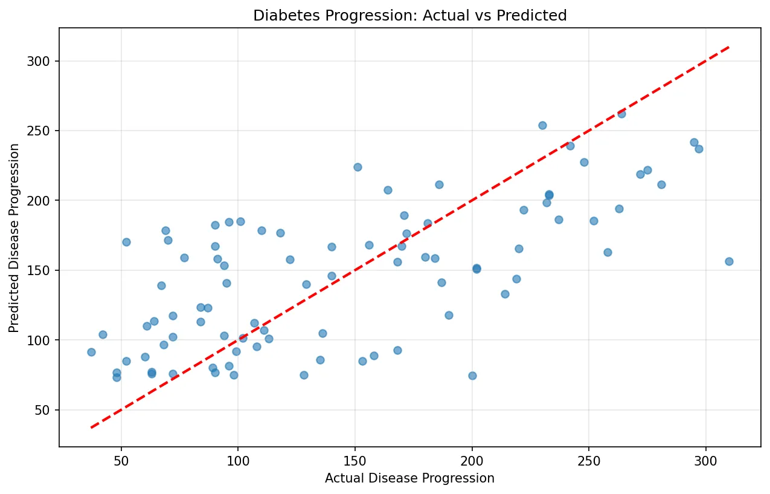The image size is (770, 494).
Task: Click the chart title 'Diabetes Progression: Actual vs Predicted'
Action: [409, 16]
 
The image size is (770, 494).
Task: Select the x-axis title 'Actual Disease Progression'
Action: [409, 478]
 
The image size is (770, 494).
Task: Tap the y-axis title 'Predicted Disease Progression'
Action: [14, 238]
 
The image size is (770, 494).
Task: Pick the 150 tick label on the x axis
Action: [355, 460]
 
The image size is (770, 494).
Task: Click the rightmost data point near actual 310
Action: [729, 261]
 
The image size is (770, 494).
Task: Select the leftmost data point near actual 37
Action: [91, 352]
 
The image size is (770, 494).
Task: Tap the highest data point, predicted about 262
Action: [621, 114]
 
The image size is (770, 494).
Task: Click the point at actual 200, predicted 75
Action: [472, 375]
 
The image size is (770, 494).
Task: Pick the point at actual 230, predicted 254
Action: [542, 125]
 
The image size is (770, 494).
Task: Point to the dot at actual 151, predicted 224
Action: [358, 167]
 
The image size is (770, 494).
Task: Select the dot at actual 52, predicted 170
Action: [126, 242]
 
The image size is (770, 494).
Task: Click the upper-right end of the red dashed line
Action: [729, 47]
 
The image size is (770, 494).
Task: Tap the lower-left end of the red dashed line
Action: [91, 427]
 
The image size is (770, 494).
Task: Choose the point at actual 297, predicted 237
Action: [699, 149]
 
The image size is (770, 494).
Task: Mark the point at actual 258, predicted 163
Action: [608, 252]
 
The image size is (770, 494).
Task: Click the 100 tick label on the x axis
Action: [238, 460]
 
